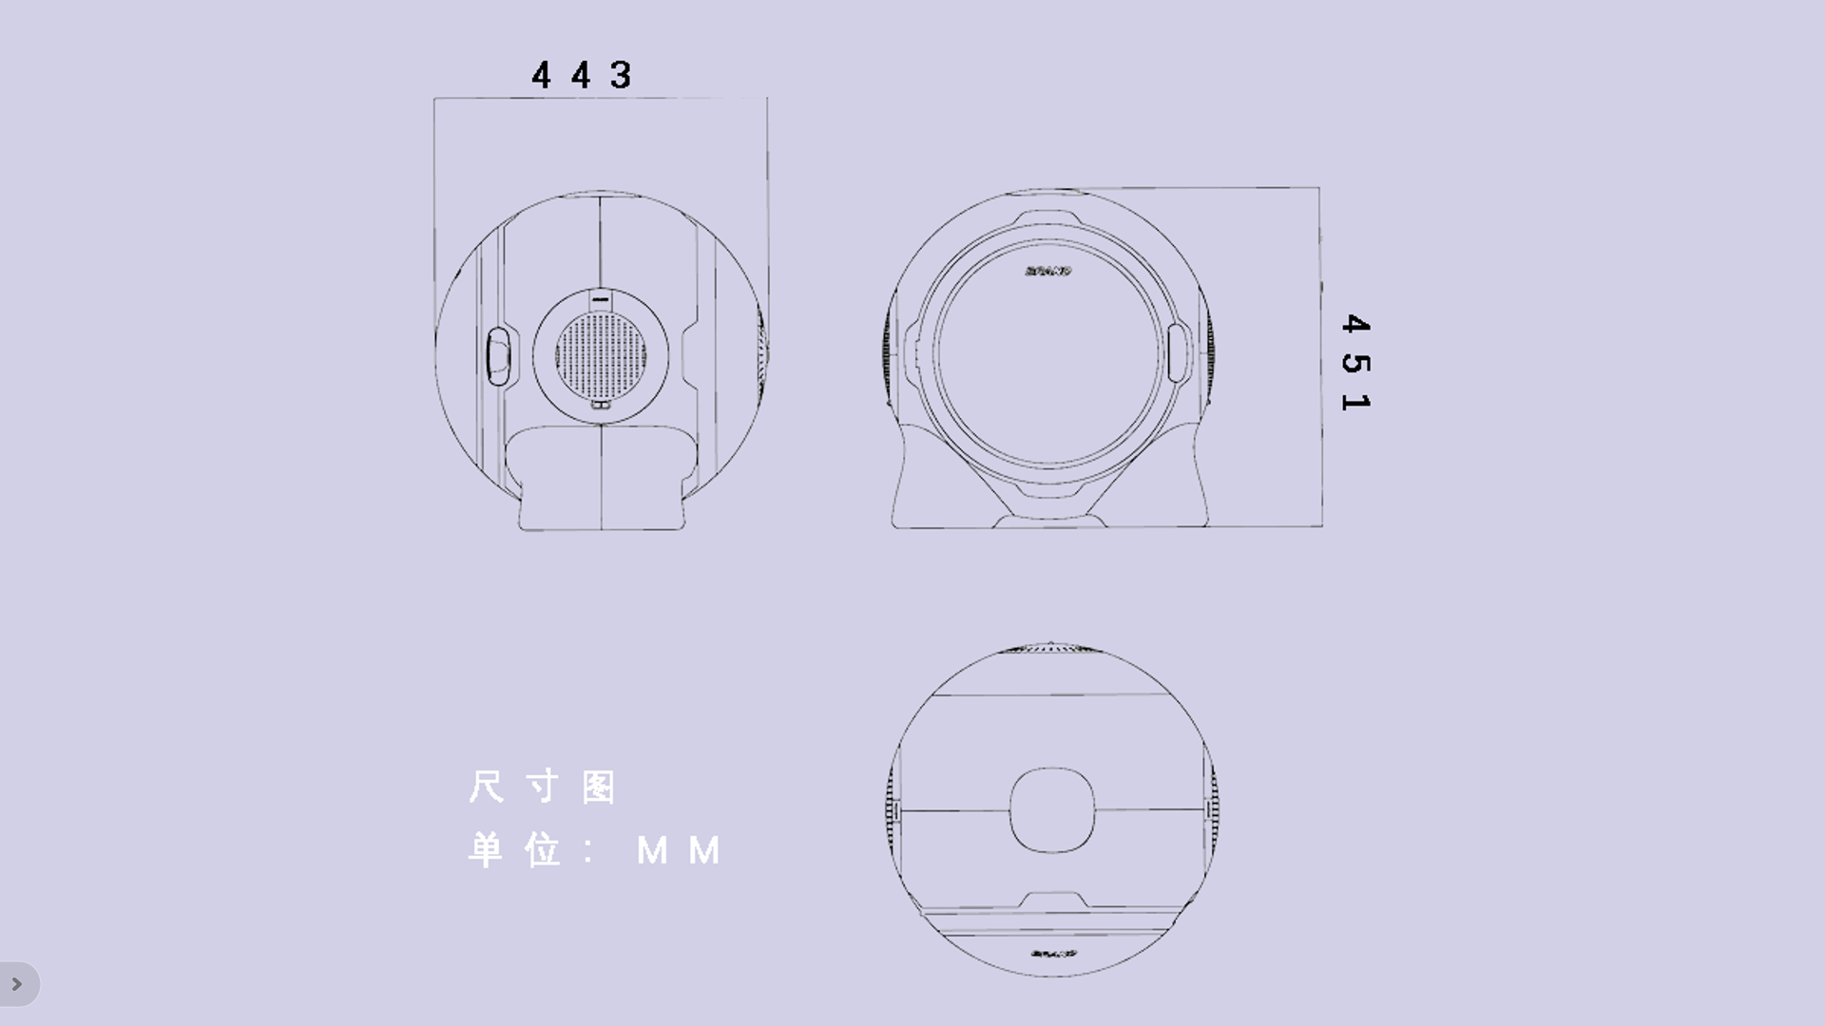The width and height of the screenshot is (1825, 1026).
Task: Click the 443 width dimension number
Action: [x=581, y=75]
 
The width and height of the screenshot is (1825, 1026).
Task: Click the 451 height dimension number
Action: [x=1355, y=363]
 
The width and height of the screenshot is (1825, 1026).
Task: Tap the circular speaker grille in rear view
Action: [x=600, y=355]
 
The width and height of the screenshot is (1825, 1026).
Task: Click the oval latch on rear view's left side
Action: [x=498, y=356]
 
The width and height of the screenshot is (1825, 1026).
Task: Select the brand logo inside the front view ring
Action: [x=1048, y=271]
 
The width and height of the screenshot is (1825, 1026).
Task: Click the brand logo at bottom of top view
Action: [x=1053, y=953]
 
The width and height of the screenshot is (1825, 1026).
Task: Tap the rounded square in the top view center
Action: [x=1051, y=810]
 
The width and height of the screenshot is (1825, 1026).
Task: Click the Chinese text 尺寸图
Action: [x=543, y=788]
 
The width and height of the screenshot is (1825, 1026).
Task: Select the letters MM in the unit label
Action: [x=679, y=850]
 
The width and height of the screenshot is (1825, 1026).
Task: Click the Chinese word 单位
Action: [x=514, y=850]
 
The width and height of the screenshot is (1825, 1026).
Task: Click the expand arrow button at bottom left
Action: [x=17, y=984]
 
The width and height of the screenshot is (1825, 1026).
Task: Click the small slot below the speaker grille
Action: [x=600, y=405]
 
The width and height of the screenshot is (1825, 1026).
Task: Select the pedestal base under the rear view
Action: [x=601, y=480]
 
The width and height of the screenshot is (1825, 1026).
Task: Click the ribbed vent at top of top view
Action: [x=1051, y=649]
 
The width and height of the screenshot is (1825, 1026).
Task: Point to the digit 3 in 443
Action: [x=621, y=75]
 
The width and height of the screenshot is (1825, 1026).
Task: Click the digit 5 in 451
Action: [x=1355, y=363]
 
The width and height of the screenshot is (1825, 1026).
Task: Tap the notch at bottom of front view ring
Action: [x=1051, y=493]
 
